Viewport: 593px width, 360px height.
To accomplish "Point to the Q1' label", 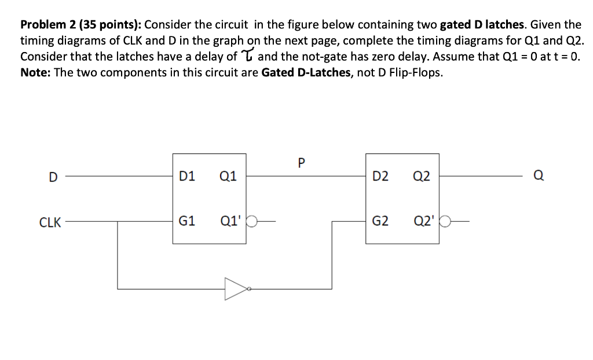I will pyautogui.click(x=230, y=221).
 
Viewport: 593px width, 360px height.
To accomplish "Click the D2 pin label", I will pyautogui.click(x=380, y=176).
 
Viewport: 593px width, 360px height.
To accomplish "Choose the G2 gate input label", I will pyautogui.click(x=380, y=221).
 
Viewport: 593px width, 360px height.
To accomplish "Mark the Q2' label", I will pyautogui.click(x=424, y=221).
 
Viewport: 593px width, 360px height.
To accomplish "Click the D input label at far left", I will pyautogui.click(x=52, y=177).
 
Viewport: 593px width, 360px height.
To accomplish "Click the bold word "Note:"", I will pyautogui.click(x=35, y=74).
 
